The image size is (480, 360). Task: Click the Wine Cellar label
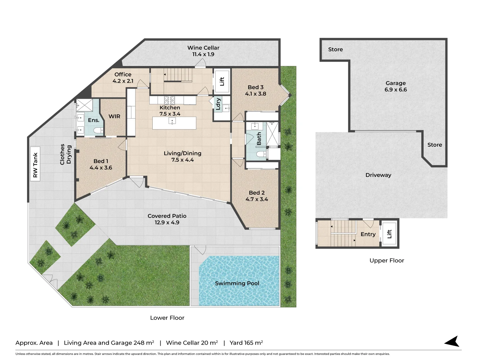click(x=203, y=48)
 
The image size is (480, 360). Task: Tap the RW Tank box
click(x=35, y=164)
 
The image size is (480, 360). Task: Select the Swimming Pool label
click(x=237, y=283)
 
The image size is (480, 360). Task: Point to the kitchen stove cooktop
click(x=169, y=100)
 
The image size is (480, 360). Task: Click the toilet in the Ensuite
click(x=98, y=130)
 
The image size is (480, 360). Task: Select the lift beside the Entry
click(x=389, y=234)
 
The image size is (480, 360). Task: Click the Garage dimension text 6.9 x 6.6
click(x=396, y=90)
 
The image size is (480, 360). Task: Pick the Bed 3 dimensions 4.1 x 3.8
click(x=255, y=94)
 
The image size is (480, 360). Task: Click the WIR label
click(x=114, y=117)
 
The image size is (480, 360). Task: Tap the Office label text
click(x=123, y=74)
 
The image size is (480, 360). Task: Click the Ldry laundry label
click(x=218, y=104)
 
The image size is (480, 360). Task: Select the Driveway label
click(x=378, y=175)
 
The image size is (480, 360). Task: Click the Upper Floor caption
click(x=387, y=261)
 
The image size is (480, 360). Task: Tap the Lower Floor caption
click(x=167, y=318)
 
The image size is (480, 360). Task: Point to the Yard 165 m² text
click(x=246, y=343)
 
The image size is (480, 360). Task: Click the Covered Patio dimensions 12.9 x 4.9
click(x=167, y=223)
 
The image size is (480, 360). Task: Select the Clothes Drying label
click(x=65, y=154)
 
